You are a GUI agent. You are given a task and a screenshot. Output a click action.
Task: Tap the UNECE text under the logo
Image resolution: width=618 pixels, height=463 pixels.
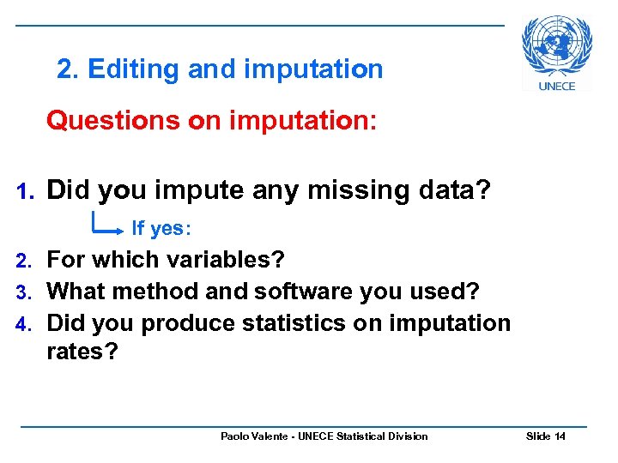pos(557,86)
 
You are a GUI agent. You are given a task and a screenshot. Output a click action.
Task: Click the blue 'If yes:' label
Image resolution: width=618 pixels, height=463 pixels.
pos(161,229)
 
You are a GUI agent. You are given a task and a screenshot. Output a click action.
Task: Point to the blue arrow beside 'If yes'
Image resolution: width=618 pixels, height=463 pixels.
pos(107,226)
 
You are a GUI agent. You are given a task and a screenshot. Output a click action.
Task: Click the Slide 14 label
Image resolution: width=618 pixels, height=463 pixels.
pos(545,436)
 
